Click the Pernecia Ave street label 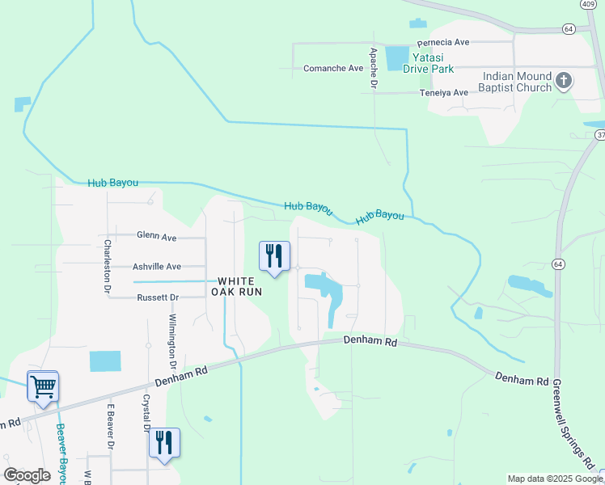click(x=443, y=42)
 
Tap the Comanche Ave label click(x=333, y=69)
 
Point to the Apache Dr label click(x=374, y=67)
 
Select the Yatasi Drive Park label click(x=429, y=63)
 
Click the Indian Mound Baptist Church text click(x=517, y=82)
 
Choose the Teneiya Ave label click(x=444, y=93)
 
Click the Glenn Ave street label click(x=157, y=237)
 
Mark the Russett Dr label click(x=158, y=297)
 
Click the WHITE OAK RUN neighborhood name click(x=238, y=286)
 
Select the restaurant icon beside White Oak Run click(x=274, y=256)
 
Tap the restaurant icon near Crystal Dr click(x=164, y=443)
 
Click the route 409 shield click(x=589, y=4)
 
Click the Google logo click(x=27, y=475)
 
